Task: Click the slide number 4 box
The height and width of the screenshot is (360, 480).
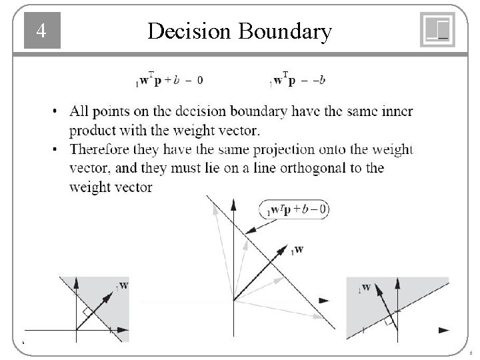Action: pos(42,31)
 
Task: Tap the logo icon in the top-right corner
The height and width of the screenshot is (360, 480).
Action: pos(437,30)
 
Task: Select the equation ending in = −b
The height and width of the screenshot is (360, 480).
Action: pos(297,80)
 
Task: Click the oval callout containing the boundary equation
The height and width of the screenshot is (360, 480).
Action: pos(294,211)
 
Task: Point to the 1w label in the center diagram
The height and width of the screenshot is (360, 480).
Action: pos(297,250)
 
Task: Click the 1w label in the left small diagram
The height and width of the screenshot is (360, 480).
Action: pos(123,287)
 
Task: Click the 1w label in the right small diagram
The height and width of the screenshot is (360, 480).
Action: pos(364,289)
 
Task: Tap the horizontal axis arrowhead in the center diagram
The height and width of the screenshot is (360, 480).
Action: pos(324,301)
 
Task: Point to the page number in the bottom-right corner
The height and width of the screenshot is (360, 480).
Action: pos(471,353)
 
